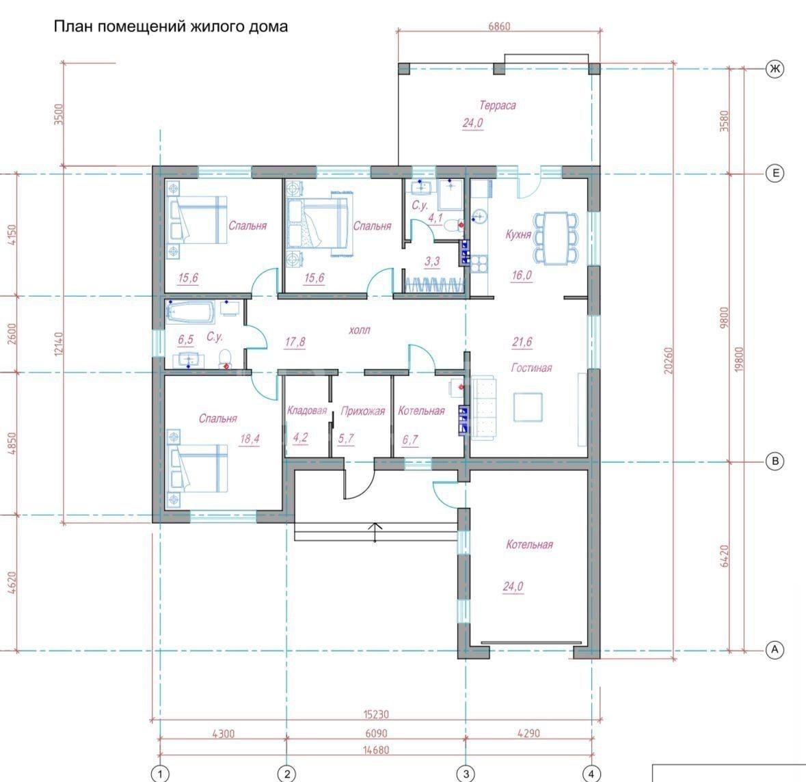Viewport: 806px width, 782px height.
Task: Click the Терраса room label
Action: tap(497, 105)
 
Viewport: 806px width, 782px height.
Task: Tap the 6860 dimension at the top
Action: tap(499, 26)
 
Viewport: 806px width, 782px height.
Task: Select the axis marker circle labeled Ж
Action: tap(775, 68)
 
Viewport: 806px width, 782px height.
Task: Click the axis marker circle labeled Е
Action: tap(775, 173)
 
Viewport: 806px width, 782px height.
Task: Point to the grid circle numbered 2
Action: tap(286, 773)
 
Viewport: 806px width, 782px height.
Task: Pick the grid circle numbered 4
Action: tap(591, 773)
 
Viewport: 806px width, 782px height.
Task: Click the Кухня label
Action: tap(518, 235)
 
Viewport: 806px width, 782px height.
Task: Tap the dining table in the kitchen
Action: tap(556, 238)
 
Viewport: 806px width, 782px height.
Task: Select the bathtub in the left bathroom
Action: tap(189, 312)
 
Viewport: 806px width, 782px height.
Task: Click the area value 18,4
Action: tap(250, 439)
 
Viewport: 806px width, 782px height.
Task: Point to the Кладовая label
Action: tap(307, 410)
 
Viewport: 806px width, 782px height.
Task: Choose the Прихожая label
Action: tap(362, 411)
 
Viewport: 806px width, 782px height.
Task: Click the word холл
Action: tap(360, 330)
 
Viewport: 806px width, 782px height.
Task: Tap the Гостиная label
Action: tap(531, 368)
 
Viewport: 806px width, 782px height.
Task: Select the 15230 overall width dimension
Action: tap(376, 714)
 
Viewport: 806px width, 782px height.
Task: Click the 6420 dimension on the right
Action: tap(724, 556)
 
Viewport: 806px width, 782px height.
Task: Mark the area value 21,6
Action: tap(522, 342)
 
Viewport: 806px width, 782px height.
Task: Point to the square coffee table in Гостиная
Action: tap(528, 407)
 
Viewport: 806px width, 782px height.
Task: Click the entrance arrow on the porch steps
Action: tap(375, 532)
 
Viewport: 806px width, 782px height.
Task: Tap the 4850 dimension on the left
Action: tap(12, 443)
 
